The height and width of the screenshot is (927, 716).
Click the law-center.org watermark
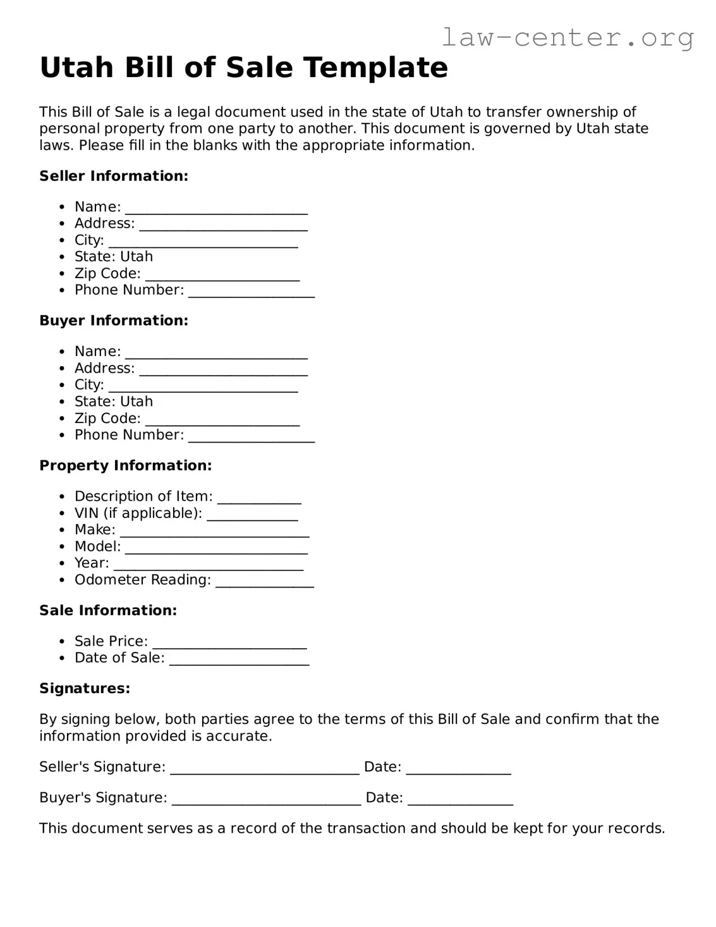(567, 38)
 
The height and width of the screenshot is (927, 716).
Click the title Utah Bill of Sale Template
(243, 68)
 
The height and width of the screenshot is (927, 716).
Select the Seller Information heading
(114, 176)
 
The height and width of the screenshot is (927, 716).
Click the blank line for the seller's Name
(216, 209)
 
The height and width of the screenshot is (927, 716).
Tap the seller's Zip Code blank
(222, 276)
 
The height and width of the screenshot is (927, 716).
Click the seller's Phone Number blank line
(251, 293)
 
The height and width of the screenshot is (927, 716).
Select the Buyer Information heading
(114, 321)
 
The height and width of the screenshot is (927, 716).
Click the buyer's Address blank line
(223, 371)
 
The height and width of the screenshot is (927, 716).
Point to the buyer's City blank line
(203, 388)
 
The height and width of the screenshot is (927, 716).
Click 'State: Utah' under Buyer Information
(114, 402)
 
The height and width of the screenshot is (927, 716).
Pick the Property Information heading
(125, 465)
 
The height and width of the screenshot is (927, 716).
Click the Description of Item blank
(259, 500)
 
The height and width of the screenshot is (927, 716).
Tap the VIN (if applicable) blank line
(252, 516)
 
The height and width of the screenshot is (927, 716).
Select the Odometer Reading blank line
(264, 583)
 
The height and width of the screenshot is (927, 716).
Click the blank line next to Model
(216, 549)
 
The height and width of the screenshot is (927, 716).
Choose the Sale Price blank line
(229, 644)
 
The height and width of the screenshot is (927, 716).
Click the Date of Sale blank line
(239, 661)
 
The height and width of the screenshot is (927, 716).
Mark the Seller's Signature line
(265, 770)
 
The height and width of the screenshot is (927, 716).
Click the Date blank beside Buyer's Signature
(460, 801)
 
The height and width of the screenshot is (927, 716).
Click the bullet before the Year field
(62, 563)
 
